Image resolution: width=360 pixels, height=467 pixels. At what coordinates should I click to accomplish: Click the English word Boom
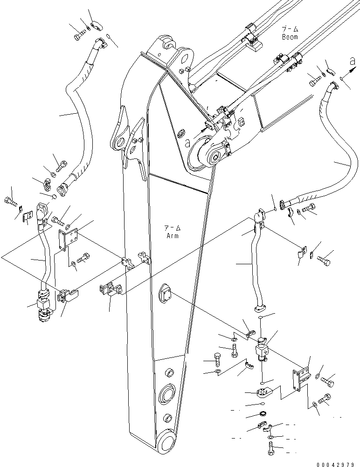coord(289,36)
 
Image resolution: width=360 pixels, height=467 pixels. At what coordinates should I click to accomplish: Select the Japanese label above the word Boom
coord(289,29)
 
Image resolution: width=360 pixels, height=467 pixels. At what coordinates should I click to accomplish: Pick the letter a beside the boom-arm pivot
coord(187,144)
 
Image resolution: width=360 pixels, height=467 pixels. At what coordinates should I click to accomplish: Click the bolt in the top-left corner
coord(79,34)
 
